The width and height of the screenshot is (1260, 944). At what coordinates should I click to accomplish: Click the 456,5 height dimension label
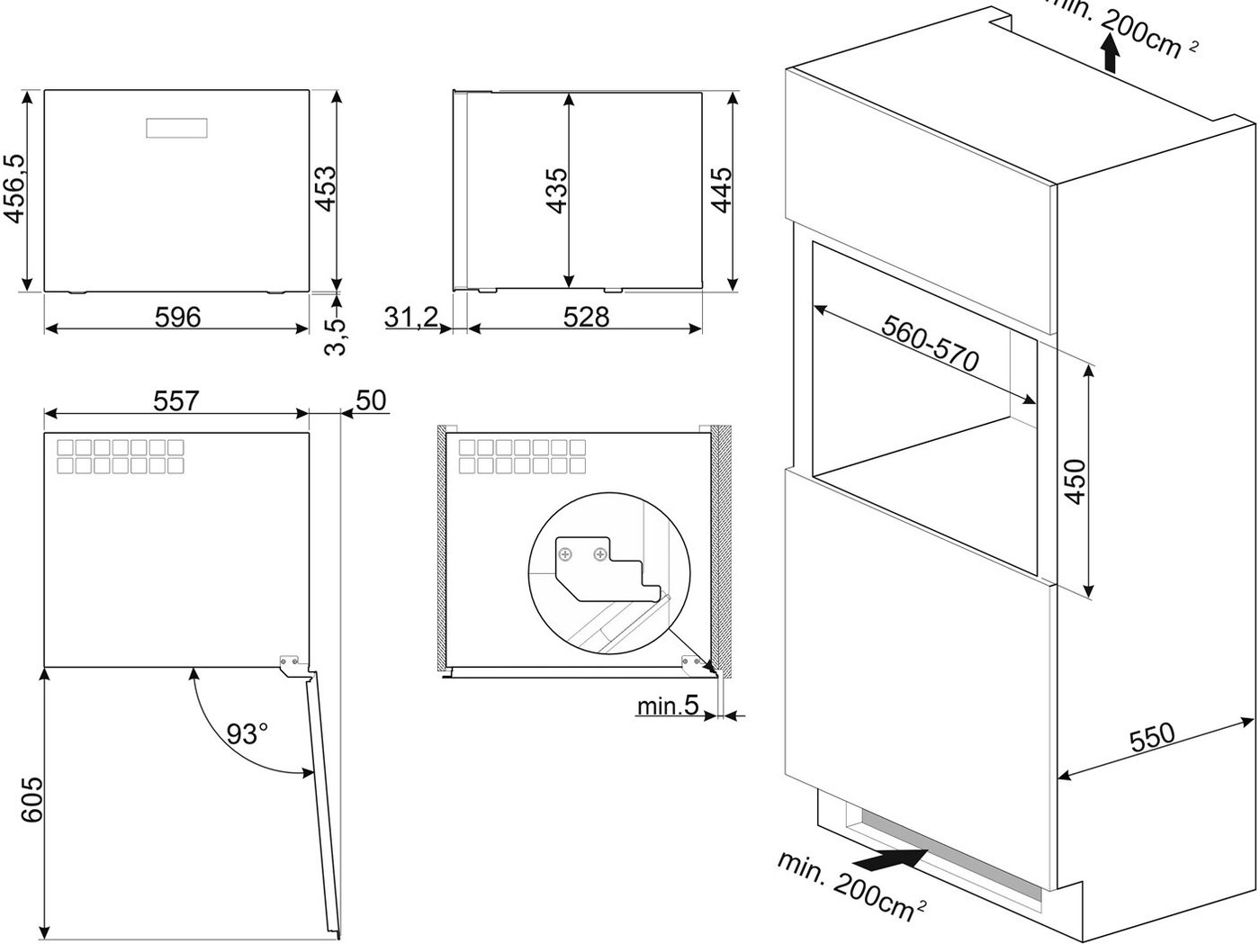point(15,189)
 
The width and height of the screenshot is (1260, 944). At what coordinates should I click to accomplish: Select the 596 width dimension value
point(178,318)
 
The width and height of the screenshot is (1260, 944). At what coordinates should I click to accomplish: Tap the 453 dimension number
point(326,189)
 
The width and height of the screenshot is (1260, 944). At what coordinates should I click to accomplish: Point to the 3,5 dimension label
point(335,337)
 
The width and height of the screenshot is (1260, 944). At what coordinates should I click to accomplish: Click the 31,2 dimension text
point(411,317)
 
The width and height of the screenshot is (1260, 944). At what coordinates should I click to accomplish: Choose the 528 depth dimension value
point(586,318)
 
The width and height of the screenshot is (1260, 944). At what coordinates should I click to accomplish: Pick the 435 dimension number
point(556,191)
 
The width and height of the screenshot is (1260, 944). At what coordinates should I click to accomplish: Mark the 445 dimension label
point(722,190)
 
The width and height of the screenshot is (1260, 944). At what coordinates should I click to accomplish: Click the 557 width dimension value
point(176,401)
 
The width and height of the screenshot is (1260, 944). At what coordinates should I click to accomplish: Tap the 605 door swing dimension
point(32,800)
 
